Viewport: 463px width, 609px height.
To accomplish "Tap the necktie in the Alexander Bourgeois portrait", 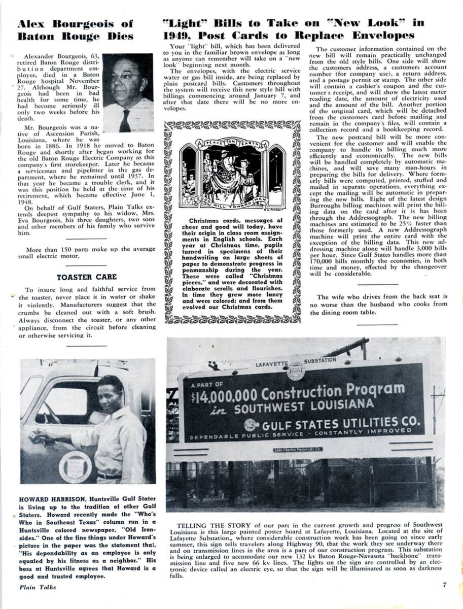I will click(125, 120).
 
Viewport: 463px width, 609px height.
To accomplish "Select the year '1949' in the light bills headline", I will click(180, 36).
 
